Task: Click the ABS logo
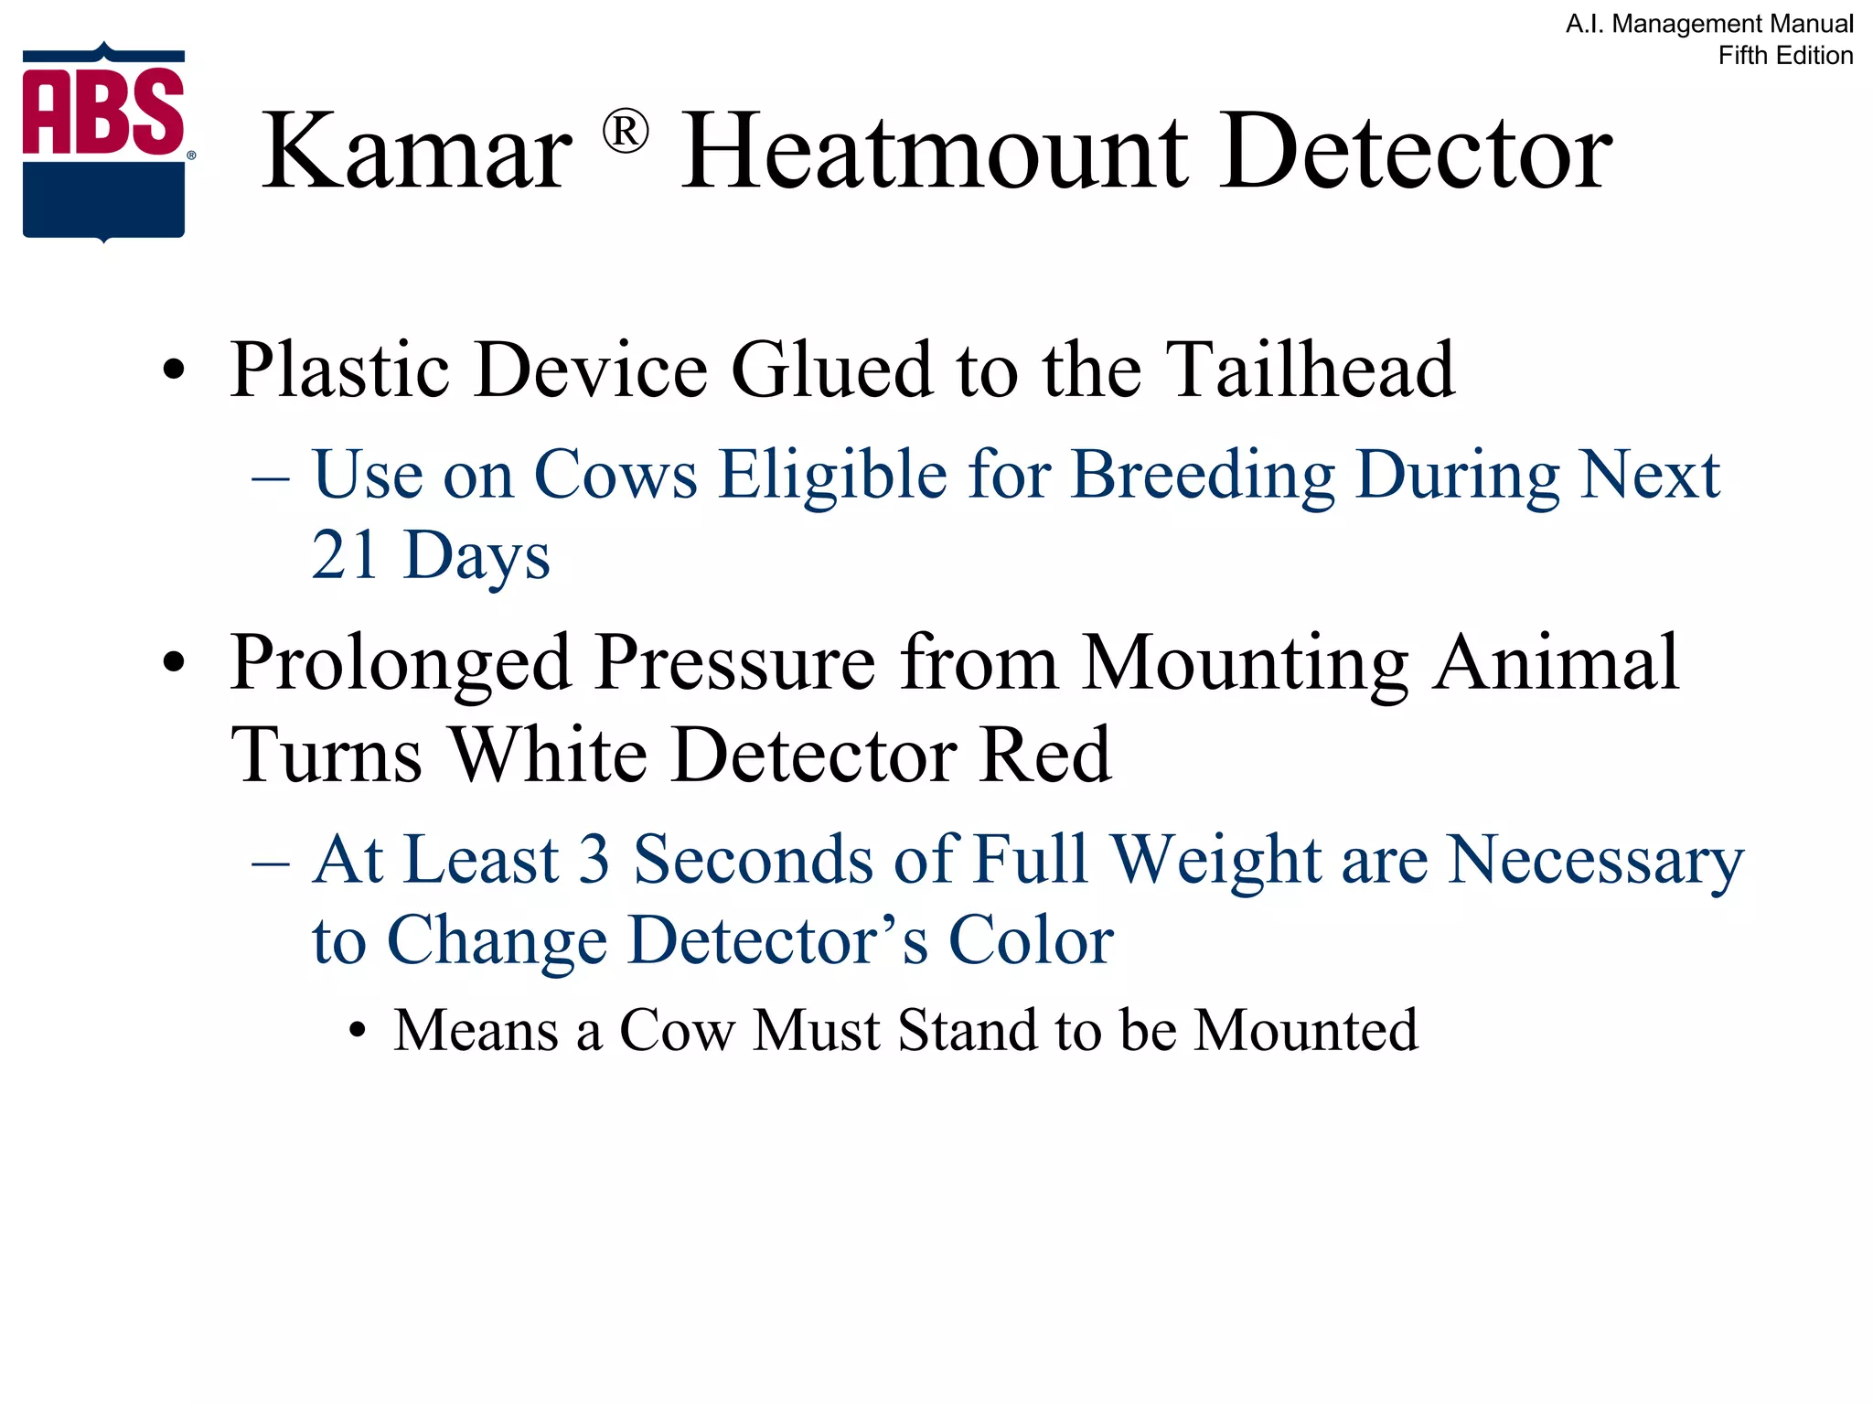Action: point(104,142)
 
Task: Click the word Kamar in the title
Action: point(417,151)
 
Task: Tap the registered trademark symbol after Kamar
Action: point(626,132)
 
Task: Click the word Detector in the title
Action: point(1416,151)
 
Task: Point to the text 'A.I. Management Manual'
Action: point(1709,24)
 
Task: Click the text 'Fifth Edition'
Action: point(1785,56)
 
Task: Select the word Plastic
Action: point(340,370)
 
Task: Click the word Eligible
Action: point(832,476)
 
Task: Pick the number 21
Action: point(345,555)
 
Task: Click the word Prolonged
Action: point(401,662)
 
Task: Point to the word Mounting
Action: point(1245,662)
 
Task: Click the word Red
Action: point(1044,756)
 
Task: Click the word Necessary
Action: point(1595,862)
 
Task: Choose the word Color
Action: point(1031,940)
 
